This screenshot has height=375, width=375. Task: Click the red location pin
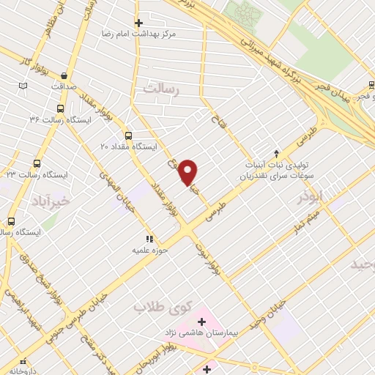pyautogui.click(x=188, y=171)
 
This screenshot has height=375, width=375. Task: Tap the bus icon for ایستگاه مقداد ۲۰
pyautogui.click(x=129, y=135)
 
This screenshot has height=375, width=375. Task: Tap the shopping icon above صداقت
pyautogui.click(x=65, y=75)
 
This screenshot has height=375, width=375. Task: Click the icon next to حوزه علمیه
pyautogui.click(x=149, y=238)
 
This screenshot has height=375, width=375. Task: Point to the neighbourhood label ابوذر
pyautogui.click(x=310, y=198)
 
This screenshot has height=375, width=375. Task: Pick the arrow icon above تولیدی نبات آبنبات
pyautogui.click(x=276, y=152)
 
